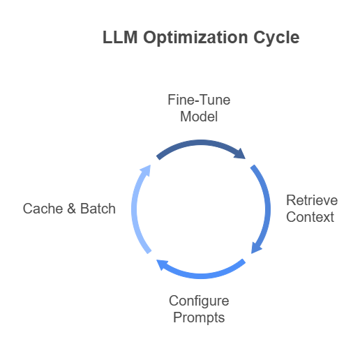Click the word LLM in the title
point(120,37)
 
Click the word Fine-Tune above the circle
point(199,100)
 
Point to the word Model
point(199,117)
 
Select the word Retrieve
point(312,200)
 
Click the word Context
point(310,217)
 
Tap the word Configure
point(199,301)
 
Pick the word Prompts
point(199,318)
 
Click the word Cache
point(43,209)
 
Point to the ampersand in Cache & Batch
point(72,209)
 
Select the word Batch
point(98,209)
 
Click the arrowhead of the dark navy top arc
point(241,154)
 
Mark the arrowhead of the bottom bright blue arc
point(162,264)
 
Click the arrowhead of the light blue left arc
point(147,170)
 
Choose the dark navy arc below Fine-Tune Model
point(201,143)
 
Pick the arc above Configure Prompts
point(201,276)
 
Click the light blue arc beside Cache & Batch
point(134,209)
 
